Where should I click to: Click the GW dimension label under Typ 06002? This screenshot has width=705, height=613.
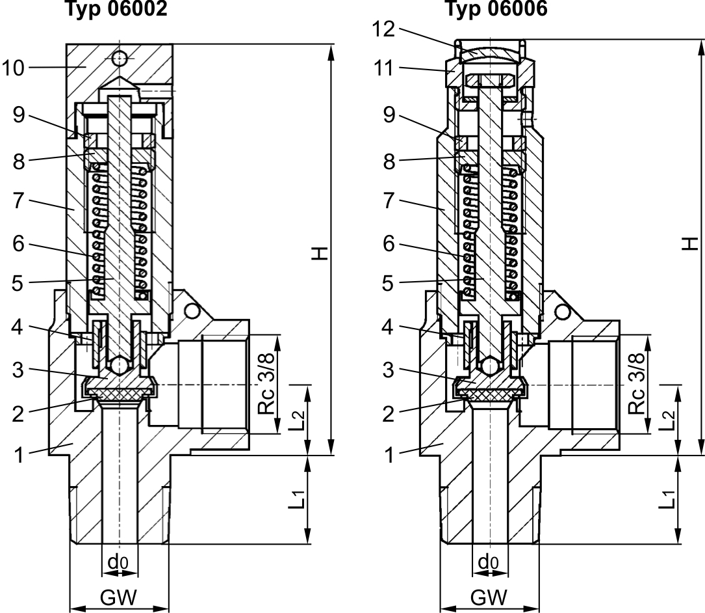point(119,597)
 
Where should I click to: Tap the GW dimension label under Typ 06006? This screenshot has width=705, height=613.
point(490,597)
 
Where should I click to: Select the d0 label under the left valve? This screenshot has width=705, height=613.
point(118,562)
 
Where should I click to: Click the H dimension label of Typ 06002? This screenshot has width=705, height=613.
point(319,252)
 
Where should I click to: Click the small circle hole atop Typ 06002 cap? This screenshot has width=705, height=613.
point(119,59)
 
